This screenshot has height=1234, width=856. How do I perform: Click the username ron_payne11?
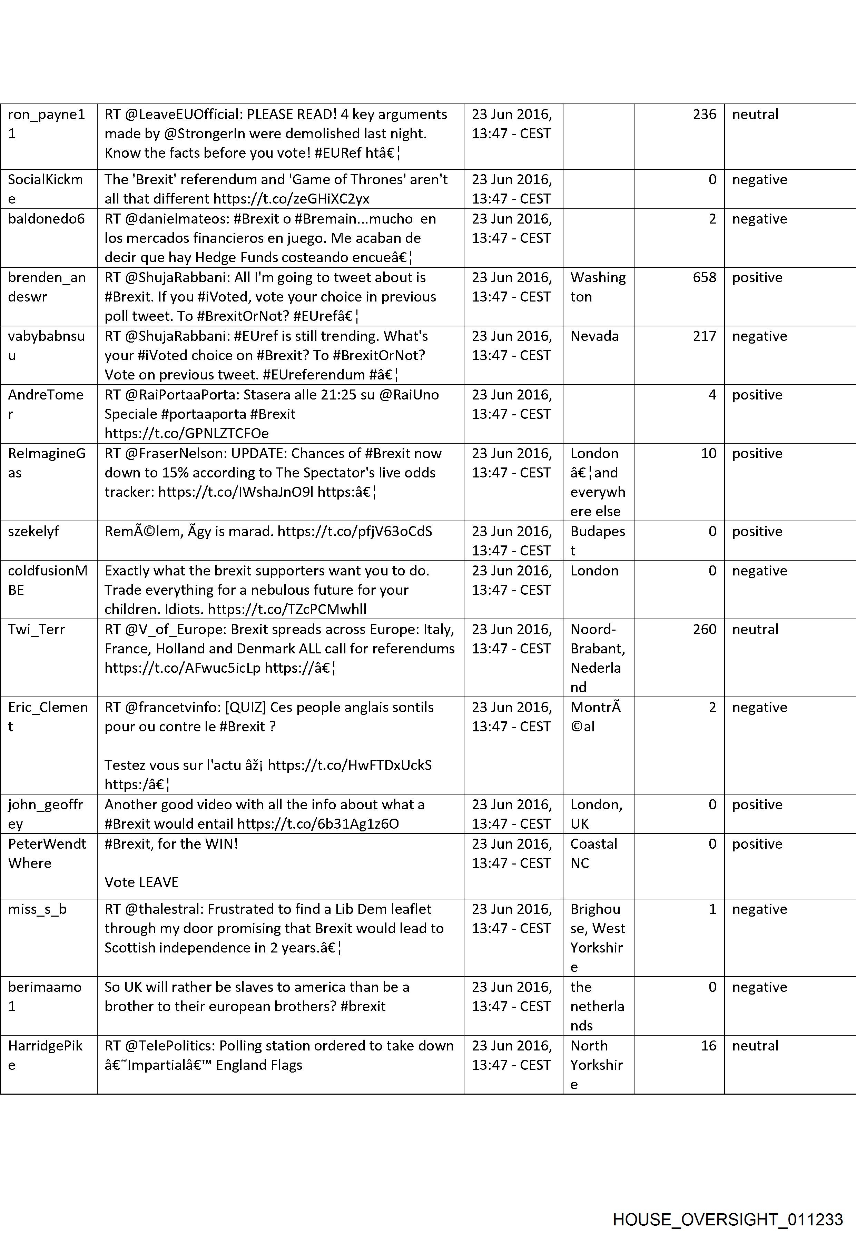(x=46, y=124)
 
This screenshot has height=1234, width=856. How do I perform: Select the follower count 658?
(x=704, y=278)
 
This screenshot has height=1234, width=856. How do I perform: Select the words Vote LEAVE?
(x=141, y=882)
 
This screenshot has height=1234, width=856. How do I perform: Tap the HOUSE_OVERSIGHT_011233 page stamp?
(x=728, y=1205)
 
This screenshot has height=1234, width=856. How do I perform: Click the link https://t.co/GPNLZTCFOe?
(x=187, y=433)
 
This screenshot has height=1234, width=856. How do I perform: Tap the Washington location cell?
(x=598, y=287)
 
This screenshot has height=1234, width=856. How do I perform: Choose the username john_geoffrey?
(x=46, y=814)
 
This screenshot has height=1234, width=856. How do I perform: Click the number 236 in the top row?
(x=704, y=114)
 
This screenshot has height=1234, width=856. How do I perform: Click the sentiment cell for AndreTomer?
(x=757, y=395)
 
